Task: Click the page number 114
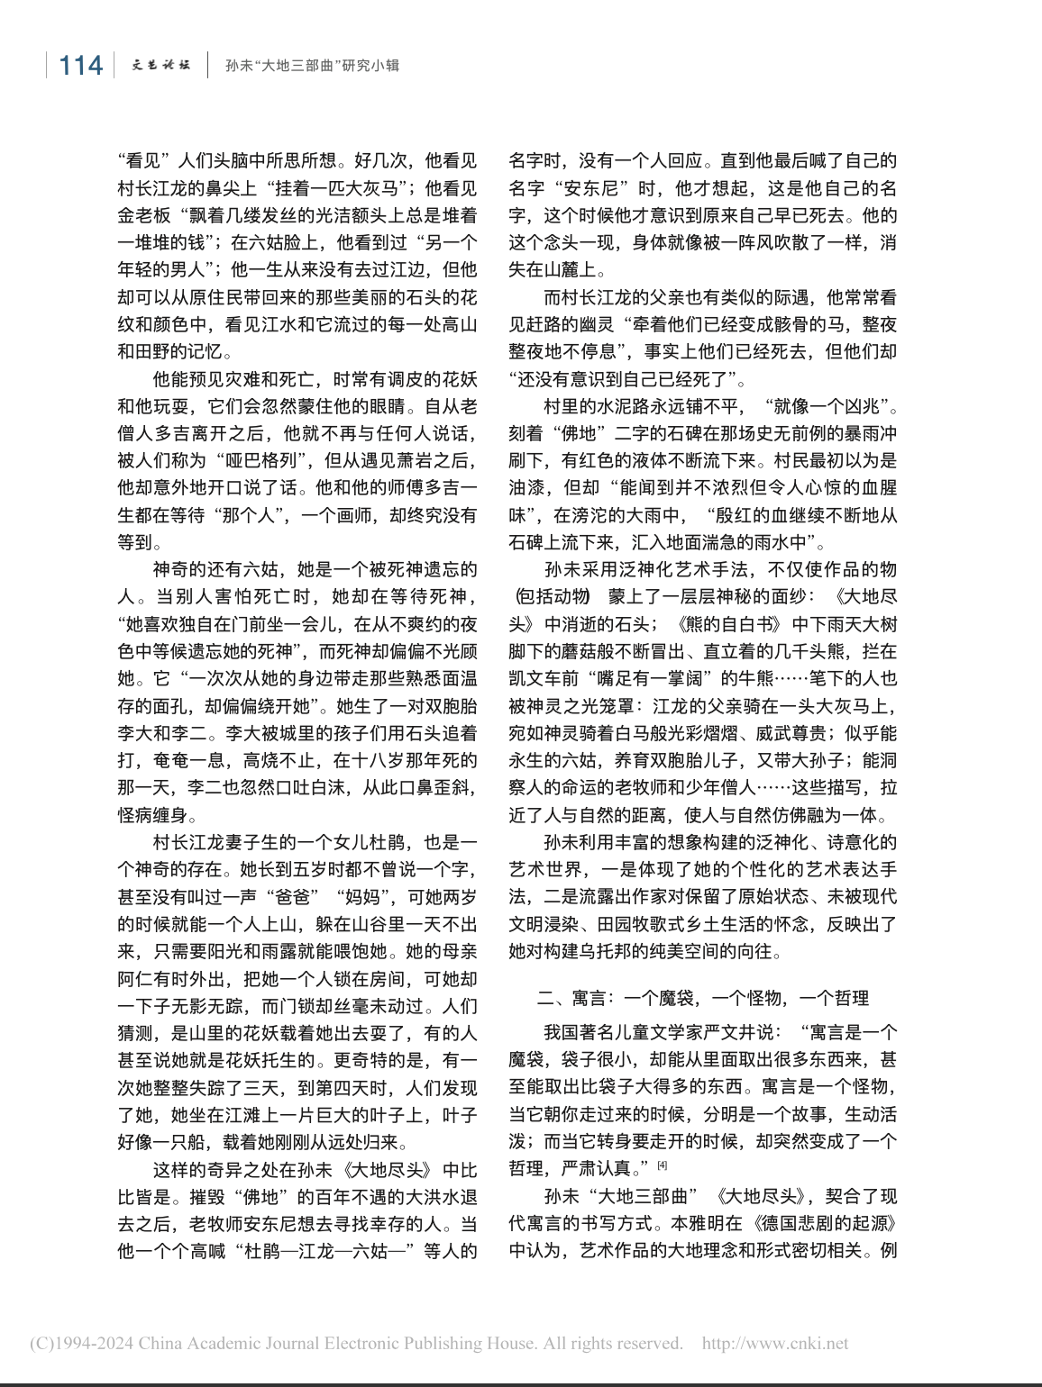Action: (80, 66)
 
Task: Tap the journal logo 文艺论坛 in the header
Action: (161, 66)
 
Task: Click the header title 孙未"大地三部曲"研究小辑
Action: (312, 66)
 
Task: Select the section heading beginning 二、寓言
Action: (703, 998)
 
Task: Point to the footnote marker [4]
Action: (663, 1165)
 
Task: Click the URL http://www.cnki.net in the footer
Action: (775, 1344)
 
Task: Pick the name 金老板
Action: (144, 215)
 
